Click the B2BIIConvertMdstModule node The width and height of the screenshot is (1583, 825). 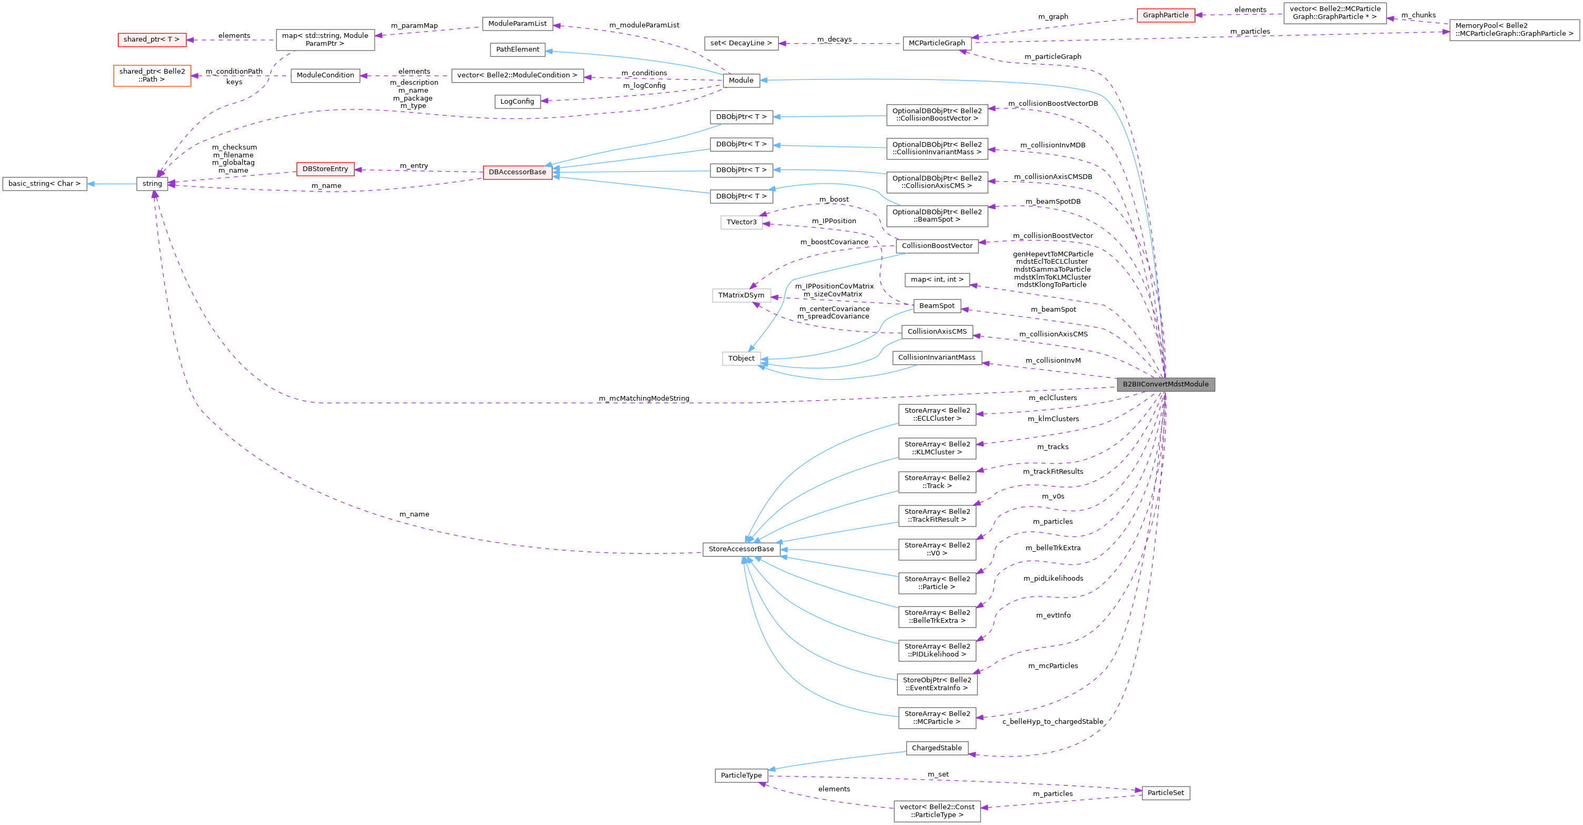pos(1165,384)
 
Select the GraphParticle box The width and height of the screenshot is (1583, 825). pos(1165,15)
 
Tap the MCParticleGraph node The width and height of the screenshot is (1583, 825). pos(937,43)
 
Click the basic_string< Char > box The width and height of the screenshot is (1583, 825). pos(44,184)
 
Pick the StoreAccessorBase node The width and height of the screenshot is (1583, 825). pos(740,549)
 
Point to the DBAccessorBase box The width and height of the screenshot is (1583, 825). pos(517,172)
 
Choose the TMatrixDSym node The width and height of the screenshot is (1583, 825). pos(740,295)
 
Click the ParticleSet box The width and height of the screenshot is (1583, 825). pos(1165,792)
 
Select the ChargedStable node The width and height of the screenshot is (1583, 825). pos(937,748)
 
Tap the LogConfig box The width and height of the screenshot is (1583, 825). pos(517,102)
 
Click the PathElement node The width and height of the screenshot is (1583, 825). pos(517,49)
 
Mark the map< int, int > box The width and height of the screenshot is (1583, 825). pos(937,280)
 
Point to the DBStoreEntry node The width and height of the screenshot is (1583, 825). pos(325,169)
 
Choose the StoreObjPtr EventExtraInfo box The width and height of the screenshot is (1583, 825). pos(937,683)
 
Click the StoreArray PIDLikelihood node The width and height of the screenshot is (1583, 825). pos(937,650)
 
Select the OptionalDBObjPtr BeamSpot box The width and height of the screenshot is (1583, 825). pos(937,216)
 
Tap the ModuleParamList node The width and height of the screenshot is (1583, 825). pos(517,23)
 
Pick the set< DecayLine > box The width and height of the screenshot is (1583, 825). pos(740,43)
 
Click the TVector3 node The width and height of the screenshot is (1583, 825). pos(740,222)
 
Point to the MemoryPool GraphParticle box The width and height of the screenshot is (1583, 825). pos(1514,29)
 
